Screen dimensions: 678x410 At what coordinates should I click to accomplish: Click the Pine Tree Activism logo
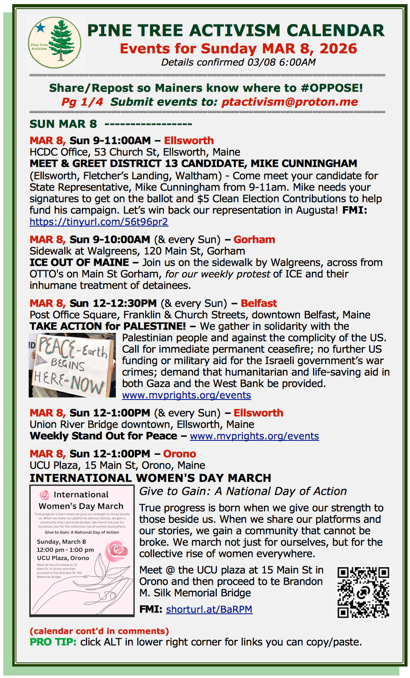coord(55,43)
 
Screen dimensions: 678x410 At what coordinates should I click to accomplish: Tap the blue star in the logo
coord(41,27)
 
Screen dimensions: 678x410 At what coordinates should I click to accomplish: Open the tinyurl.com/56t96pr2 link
coord(99,222)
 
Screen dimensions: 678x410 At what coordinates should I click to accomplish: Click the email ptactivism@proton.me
coord(289,102)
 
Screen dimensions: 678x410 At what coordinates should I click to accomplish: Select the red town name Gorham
coord(254,239)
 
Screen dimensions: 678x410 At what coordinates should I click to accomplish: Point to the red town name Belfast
coord(259,303)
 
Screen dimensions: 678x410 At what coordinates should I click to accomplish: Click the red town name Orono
coord(179,453)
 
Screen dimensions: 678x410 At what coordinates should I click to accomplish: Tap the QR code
coord(363,592)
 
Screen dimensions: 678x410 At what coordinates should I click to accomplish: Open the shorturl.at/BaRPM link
coord(209,609)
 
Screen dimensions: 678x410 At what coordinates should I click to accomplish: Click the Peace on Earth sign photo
coord(72,365)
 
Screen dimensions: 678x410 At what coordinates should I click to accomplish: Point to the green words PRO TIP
coord(53,642)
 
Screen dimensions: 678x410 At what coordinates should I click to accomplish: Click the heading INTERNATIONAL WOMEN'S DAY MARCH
coord(150,478)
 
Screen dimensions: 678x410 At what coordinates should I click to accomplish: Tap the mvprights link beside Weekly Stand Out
coord(254,436)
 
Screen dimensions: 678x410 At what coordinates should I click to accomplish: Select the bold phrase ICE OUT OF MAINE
coord(79,262)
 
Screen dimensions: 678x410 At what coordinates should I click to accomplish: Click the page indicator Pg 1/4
coord(82,102)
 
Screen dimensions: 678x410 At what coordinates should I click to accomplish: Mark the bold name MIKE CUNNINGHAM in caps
coord(304,163)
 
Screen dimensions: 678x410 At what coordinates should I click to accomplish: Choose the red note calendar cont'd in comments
coord(99,631)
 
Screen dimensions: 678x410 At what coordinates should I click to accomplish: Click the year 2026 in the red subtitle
coord(338,49)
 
